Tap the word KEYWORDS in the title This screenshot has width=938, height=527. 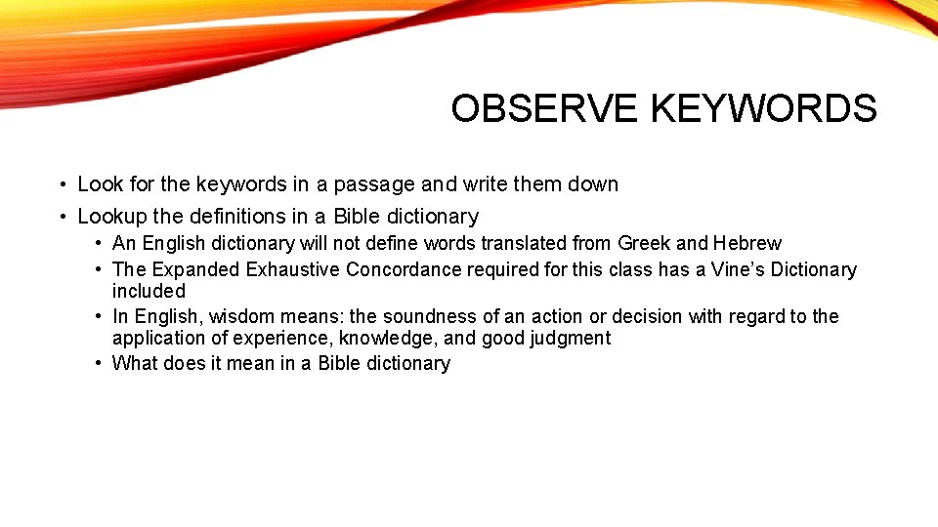pos(763,108)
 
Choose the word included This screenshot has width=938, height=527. pos(149,291)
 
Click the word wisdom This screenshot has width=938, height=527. pos(227,316)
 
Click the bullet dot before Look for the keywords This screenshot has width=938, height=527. pos(61,185)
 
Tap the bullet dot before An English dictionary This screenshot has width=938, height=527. pos(100,244)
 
